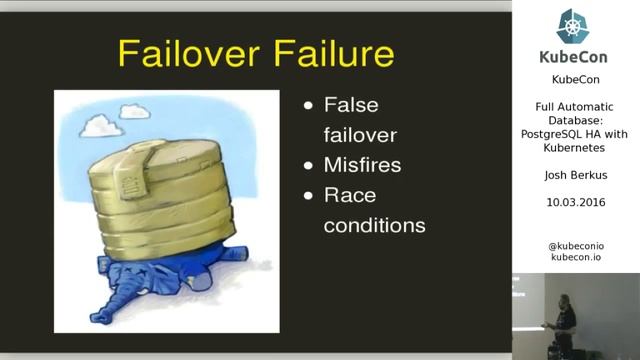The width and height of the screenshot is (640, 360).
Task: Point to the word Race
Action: tap(349, 195)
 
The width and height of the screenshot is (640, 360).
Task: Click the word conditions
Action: tap(374, 225)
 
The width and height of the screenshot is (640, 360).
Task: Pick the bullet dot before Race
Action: tap(309, 196)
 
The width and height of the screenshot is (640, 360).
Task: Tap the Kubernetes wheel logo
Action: tap(575, 26)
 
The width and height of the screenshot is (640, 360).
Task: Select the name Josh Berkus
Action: tap(575, 177)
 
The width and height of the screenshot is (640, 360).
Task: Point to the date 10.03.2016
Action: tap(575, 202)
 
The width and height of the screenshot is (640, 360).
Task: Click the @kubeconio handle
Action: tap(576, 246)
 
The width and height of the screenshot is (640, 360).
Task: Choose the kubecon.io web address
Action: tap(576, 258)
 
